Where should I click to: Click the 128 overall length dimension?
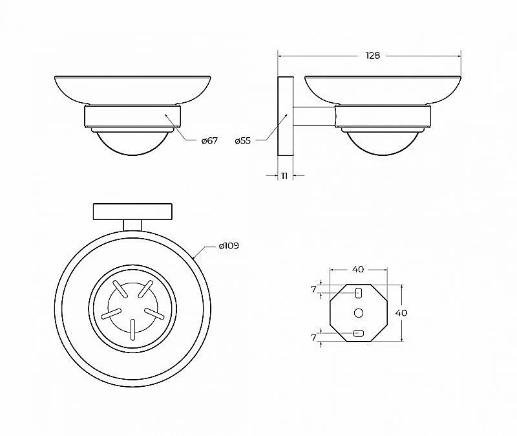pyautogui.click(x=373, y=56)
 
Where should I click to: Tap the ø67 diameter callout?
pyautogui.click(x=209, y=140)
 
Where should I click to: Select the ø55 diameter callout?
pyautogui.click(x=243, y=140)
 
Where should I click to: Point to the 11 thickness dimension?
pyautogui.click(x=284, y=176)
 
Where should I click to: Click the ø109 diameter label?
pyautogui.click(x=229, y=246)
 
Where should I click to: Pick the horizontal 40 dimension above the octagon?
pyautogui.click(x=358, y=269)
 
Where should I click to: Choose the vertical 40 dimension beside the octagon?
pyautogui.click(x=401, y=312)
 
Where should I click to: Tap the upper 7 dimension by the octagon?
pyautogui.click(x=313, y=289)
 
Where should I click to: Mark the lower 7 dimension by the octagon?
pyautogui.click(x=313, y=338)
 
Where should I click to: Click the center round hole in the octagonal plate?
pyautogui.click(x=359, y=313)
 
